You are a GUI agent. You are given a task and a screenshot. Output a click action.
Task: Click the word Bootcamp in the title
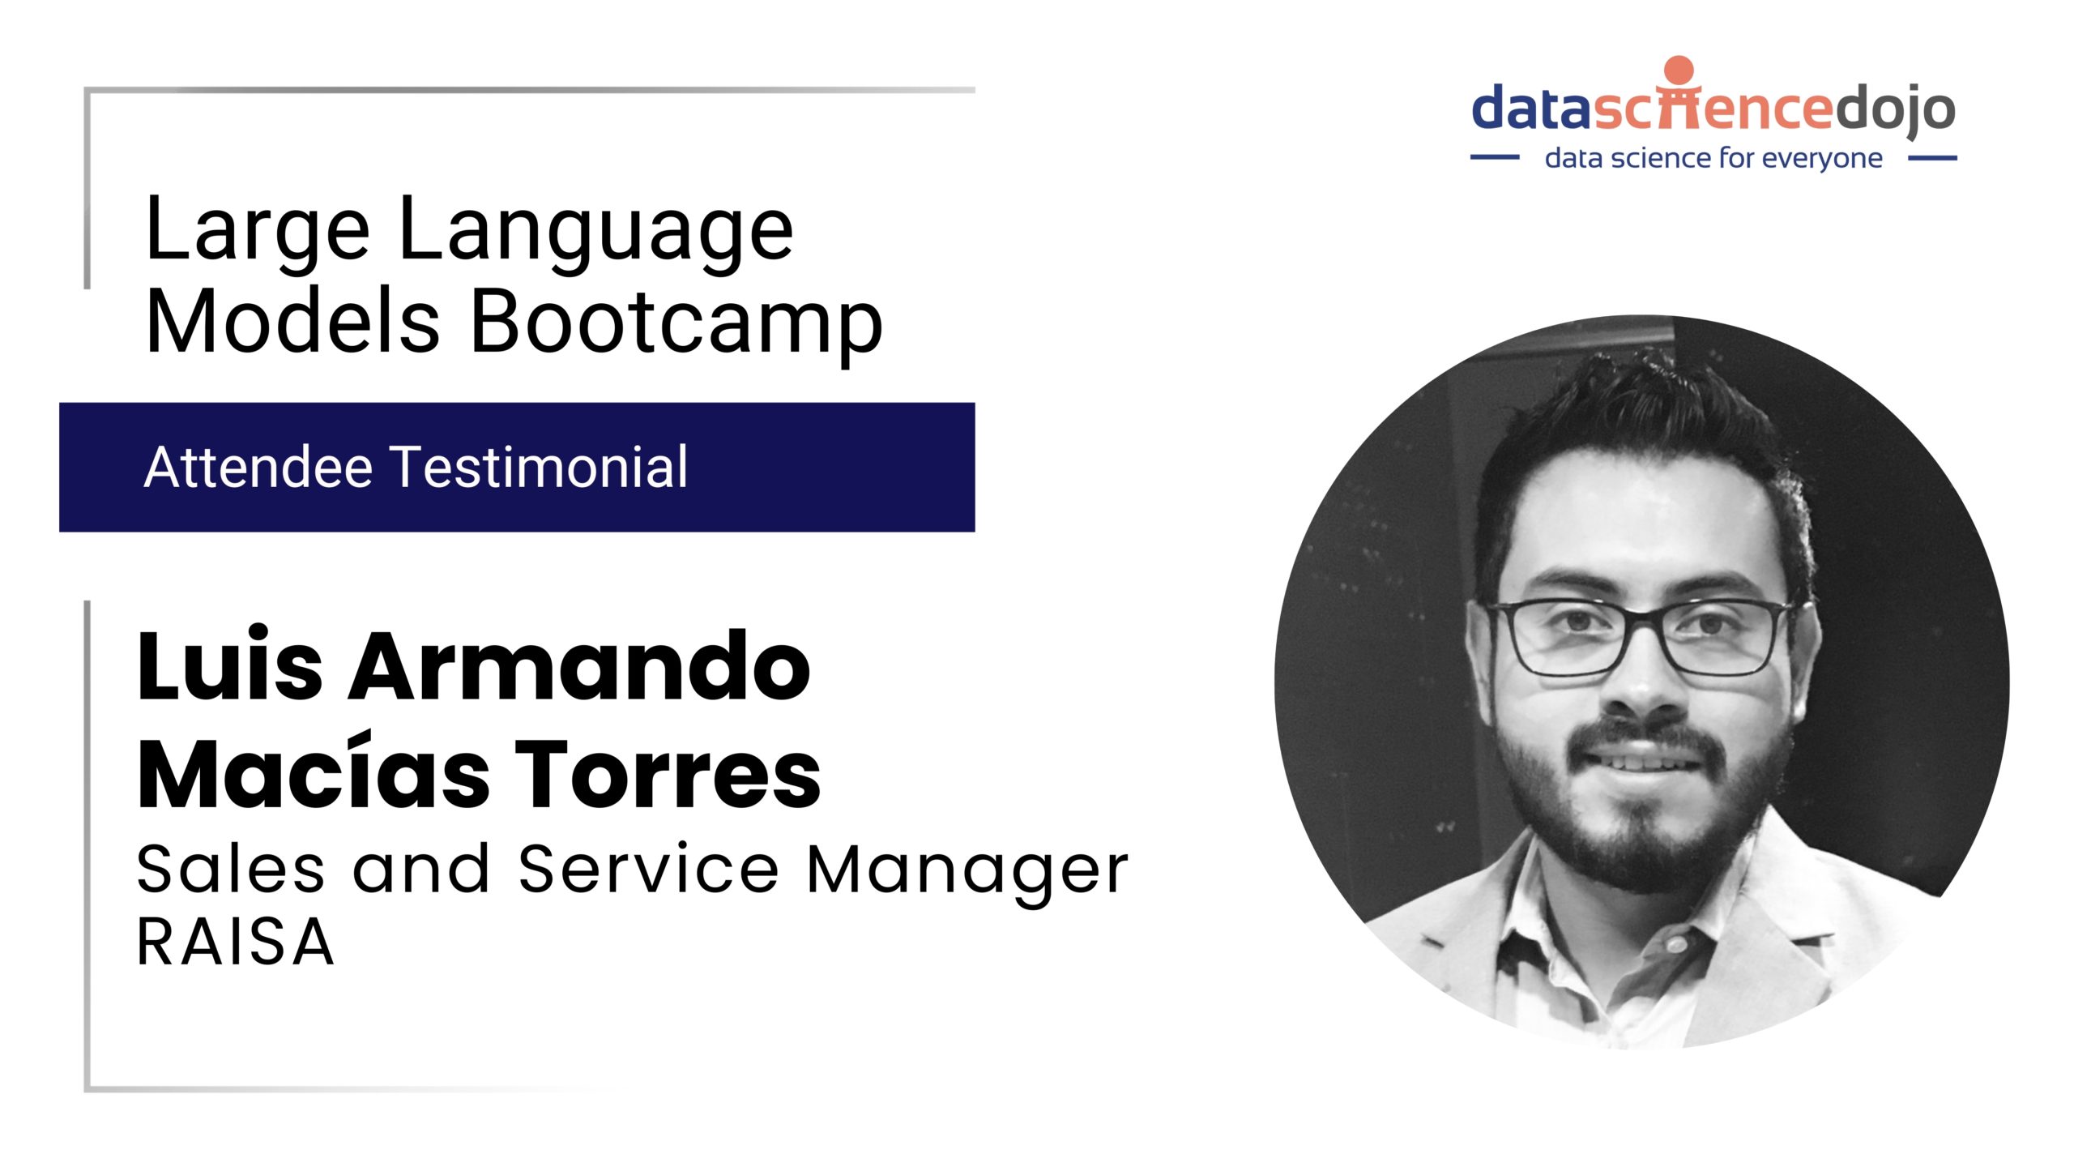point(676,323)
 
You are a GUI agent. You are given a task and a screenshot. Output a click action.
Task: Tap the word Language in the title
point(596,231)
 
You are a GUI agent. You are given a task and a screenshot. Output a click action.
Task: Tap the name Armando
point(578,665)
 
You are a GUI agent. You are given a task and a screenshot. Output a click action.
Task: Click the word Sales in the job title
point(230,870)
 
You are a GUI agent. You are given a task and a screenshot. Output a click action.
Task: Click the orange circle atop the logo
point(1679,70)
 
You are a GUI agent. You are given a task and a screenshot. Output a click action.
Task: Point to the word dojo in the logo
point(1895,110)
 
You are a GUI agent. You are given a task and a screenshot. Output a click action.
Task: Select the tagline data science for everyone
point(1713,158)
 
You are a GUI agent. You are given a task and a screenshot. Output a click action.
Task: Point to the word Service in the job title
point(649,869)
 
